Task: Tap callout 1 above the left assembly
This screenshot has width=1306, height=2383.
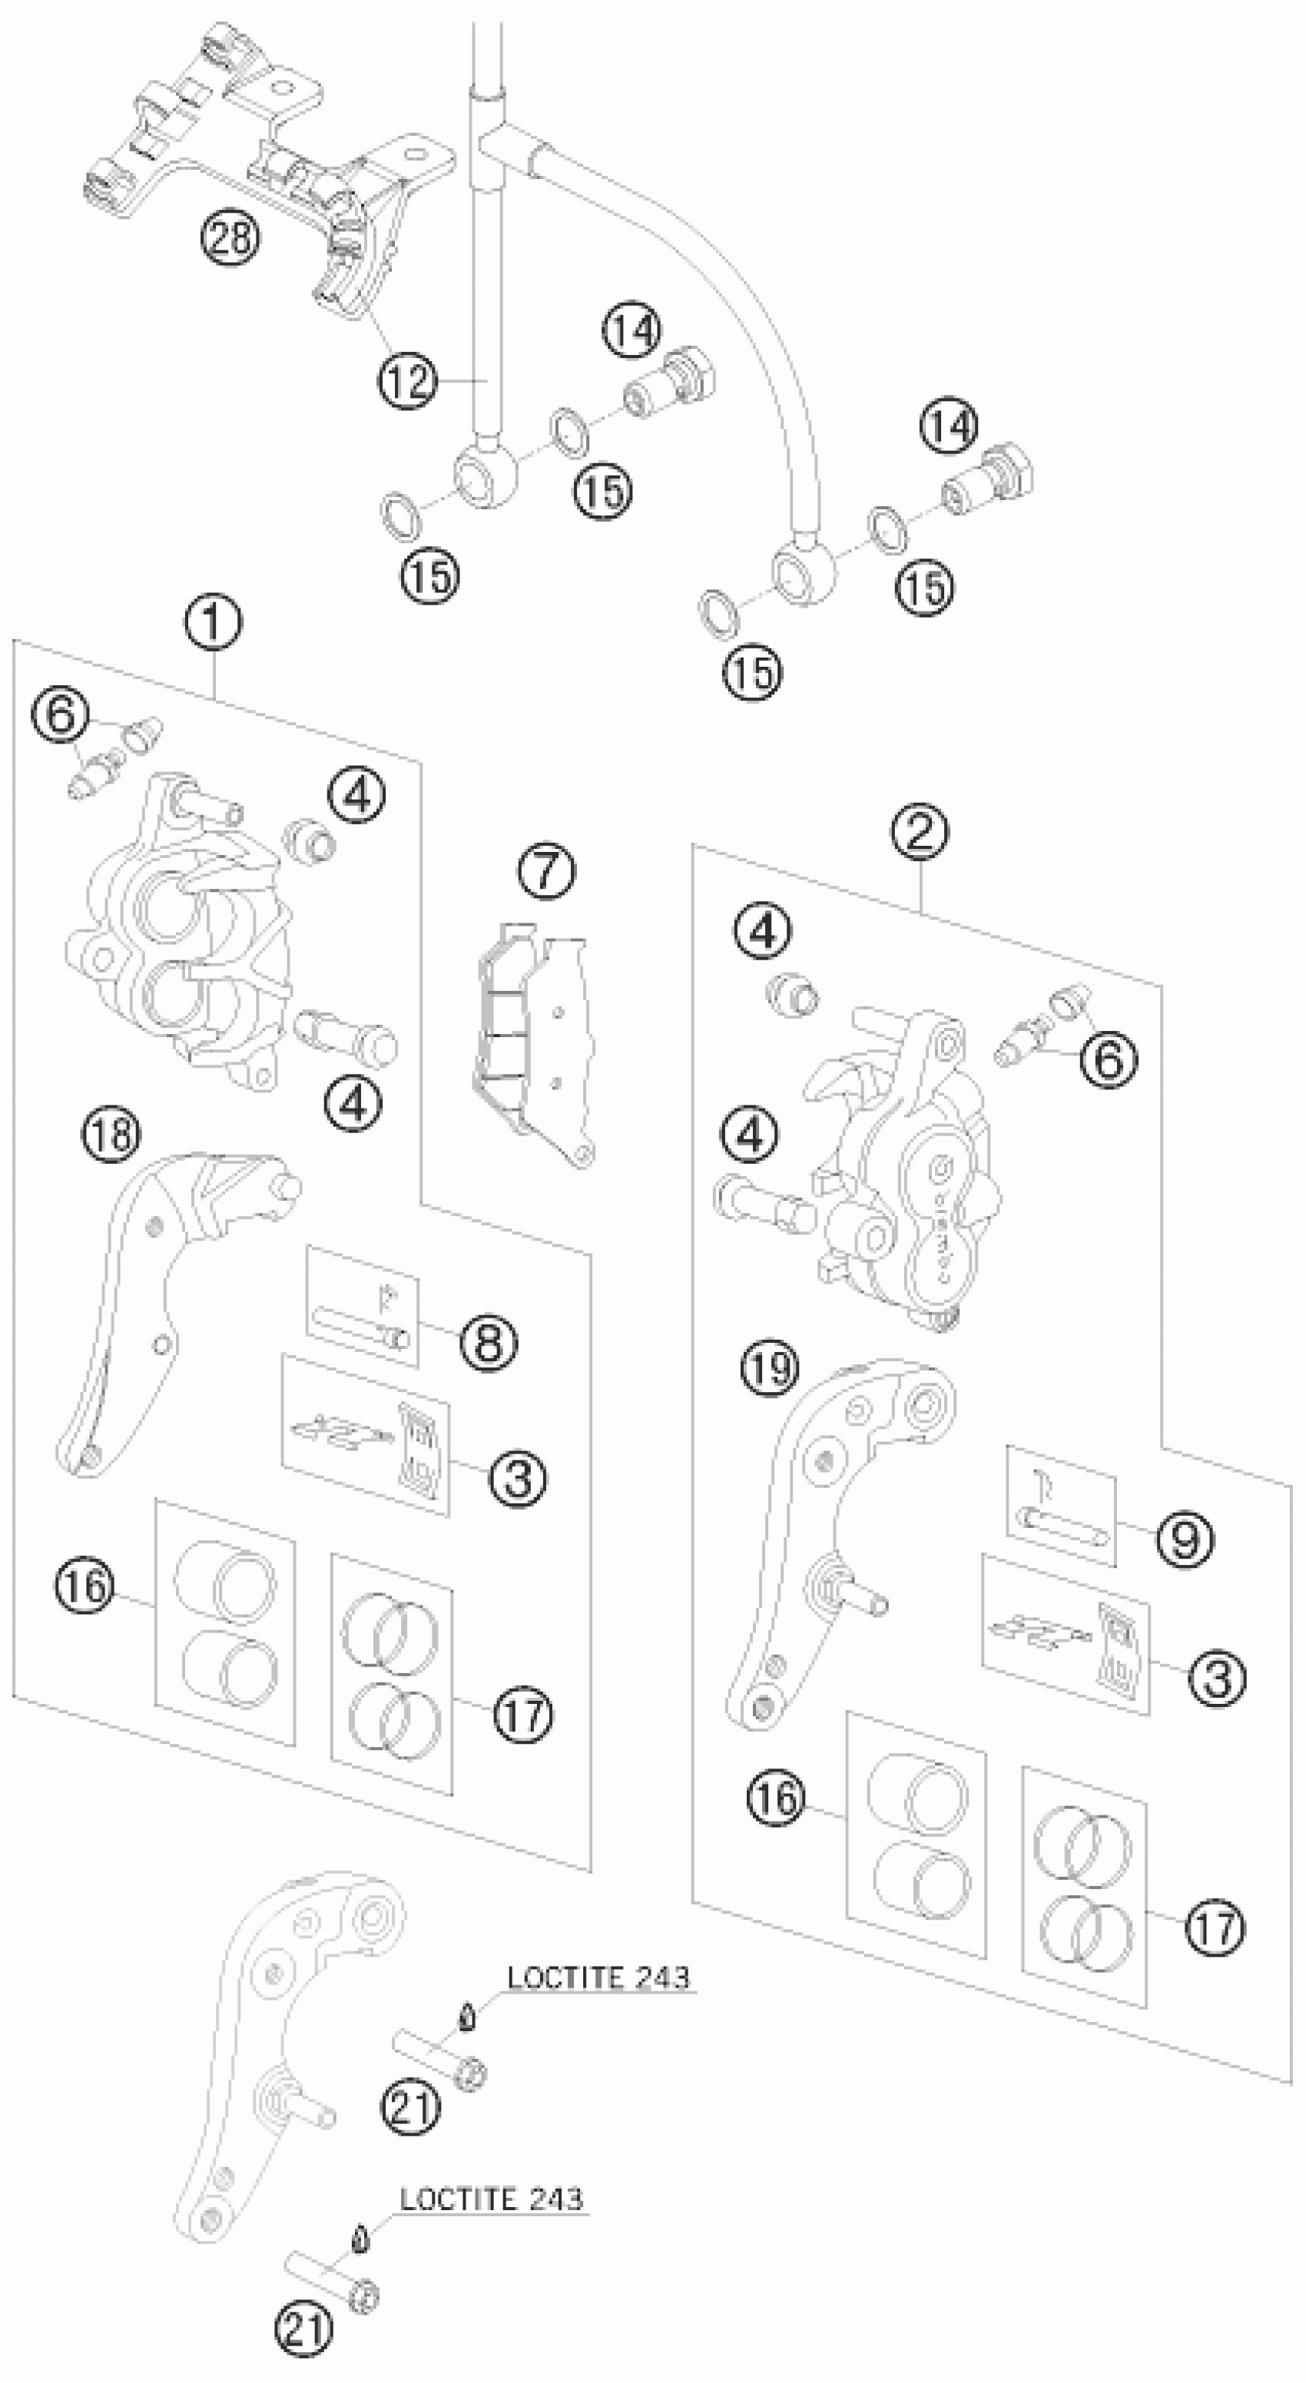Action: point(214,622)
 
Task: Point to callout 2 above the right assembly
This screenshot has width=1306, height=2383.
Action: point(920,832)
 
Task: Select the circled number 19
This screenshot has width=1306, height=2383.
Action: point(770,1367)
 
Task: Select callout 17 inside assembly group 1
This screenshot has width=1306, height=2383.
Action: point(522,1713)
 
